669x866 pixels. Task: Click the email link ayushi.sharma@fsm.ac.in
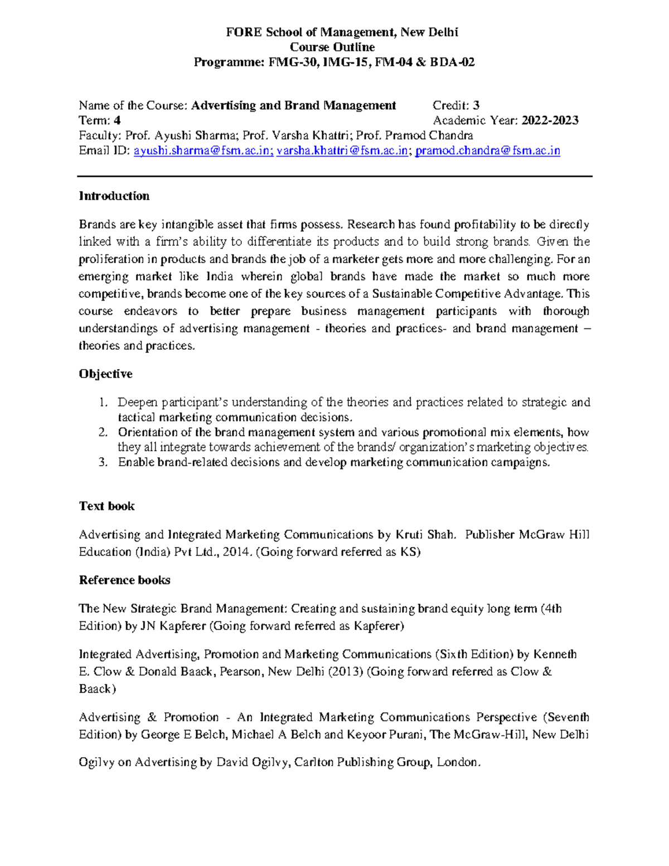point(203,151)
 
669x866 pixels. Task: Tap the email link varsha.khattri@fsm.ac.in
point(342,151)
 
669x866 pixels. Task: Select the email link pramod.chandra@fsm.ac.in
point(488,151)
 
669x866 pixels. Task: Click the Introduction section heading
point(114,196)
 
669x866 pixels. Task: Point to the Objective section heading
point(105,374)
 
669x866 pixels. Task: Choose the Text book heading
point(106,506)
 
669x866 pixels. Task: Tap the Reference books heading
point(124,580)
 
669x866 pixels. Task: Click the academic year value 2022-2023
point(550,120)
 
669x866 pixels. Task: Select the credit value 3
point(476,105)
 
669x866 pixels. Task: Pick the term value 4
point(117,120)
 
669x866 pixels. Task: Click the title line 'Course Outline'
point(332,47)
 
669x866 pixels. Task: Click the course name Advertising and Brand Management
point(293,105)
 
